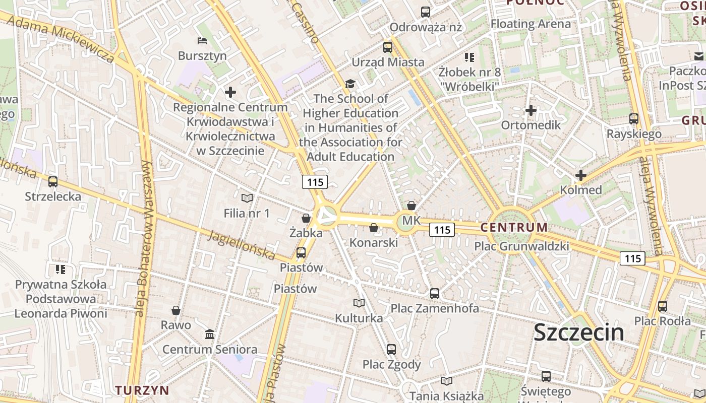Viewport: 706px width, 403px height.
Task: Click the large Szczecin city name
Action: (x=578, y=332)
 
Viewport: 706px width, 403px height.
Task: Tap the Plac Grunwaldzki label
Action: (x=521, y=246)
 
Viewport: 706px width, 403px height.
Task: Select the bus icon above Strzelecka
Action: (x=53, y=182)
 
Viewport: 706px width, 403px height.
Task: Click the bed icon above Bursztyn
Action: (x=202, y=41)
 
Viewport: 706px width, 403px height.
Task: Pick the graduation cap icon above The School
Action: (x=350, y=84)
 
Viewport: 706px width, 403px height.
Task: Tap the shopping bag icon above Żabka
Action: (x=306, y=218)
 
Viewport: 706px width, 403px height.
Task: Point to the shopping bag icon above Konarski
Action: (x=374, y=228)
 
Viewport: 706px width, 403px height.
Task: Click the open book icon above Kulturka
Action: (x=359, y=303)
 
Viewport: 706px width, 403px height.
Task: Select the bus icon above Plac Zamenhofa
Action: (x=435, y=293)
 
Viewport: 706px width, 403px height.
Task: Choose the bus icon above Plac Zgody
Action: (x=391, y=349)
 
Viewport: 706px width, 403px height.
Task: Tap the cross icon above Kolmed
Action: (x=581, y=175)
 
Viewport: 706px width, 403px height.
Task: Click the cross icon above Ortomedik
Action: (x=531, y=110)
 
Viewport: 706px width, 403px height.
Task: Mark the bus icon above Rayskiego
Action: (x=634, y=119)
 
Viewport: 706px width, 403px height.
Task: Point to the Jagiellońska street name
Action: (x=243, y=245)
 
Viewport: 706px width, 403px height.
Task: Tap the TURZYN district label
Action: (x=142, y=390)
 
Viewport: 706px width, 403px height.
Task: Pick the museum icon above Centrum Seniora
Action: (x=210, y=334)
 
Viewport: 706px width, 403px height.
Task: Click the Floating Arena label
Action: (x=531, y=24)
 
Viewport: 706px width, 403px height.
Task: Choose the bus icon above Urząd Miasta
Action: (x=388, y=47)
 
